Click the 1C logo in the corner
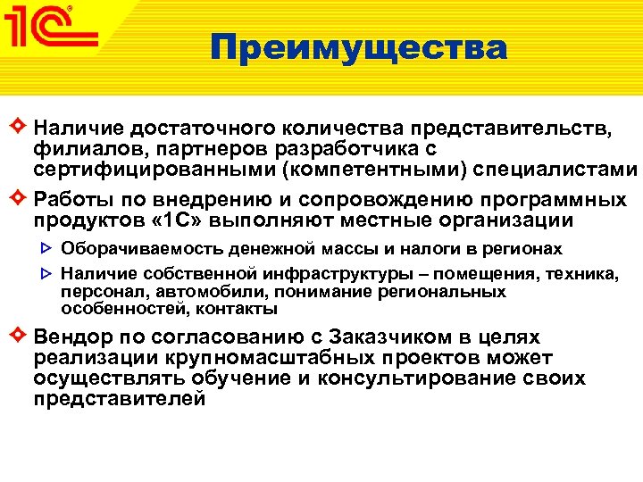tap(52, 31)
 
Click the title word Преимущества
tap(359, 47)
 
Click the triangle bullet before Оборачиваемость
tap(48, 249)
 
